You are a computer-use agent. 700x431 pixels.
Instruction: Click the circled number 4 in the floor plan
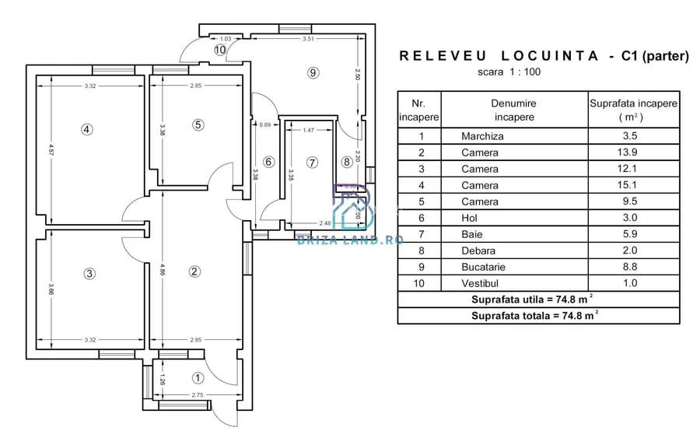[87, 130]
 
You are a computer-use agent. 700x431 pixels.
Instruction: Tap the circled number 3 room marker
[90, 273]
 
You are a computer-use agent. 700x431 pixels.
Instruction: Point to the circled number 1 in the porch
[198, 378]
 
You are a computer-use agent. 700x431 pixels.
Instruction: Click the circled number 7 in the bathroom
[313, 163]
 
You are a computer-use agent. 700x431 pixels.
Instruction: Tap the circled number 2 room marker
[194, 271]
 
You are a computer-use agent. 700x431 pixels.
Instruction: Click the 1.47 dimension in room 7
[308, 130]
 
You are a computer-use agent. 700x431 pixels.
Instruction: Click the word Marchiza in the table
[482, 136]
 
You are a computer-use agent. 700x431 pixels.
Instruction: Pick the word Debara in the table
[479, 251]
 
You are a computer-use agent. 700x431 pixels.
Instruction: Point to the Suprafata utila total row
[538, 300]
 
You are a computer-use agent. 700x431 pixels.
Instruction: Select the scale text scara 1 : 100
[509, 72]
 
